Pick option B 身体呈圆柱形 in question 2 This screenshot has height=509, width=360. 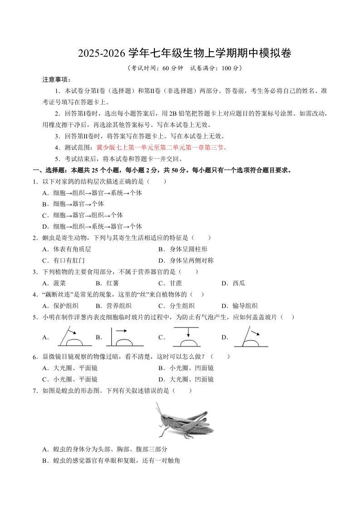(x=186, y=249)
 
